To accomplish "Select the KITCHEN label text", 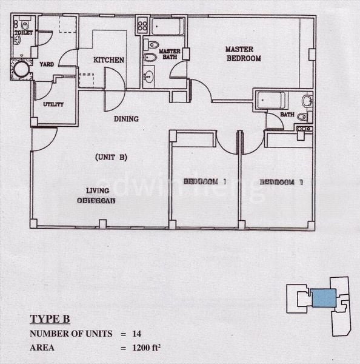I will pyautogui.click(x=109, y=60).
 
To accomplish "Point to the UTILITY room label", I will pyautogui.click(x=53, y=104).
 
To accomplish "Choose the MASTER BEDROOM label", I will pyautogui.click(x=244, y=54).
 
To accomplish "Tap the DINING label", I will pyautogui.click(x=126, y=119).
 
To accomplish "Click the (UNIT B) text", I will pyautogui.click(x=111, y=157).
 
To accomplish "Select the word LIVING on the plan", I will pyautogui.click(x=97, y=190).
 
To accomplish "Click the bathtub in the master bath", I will pyautogui.click(x=168, y=27).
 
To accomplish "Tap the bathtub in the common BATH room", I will pyautogui.click(x=271, y=100).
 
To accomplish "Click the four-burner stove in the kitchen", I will pyautogui.click(x=142, y=25).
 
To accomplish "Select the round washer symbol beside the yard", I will pyautogui.click(x=22, y=69).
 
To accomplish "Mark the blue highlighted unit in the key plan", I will pyautogui.click(x=324, y=298).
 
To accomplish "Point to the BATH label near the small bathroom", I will pyautogui.click(x=287, y=115).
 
